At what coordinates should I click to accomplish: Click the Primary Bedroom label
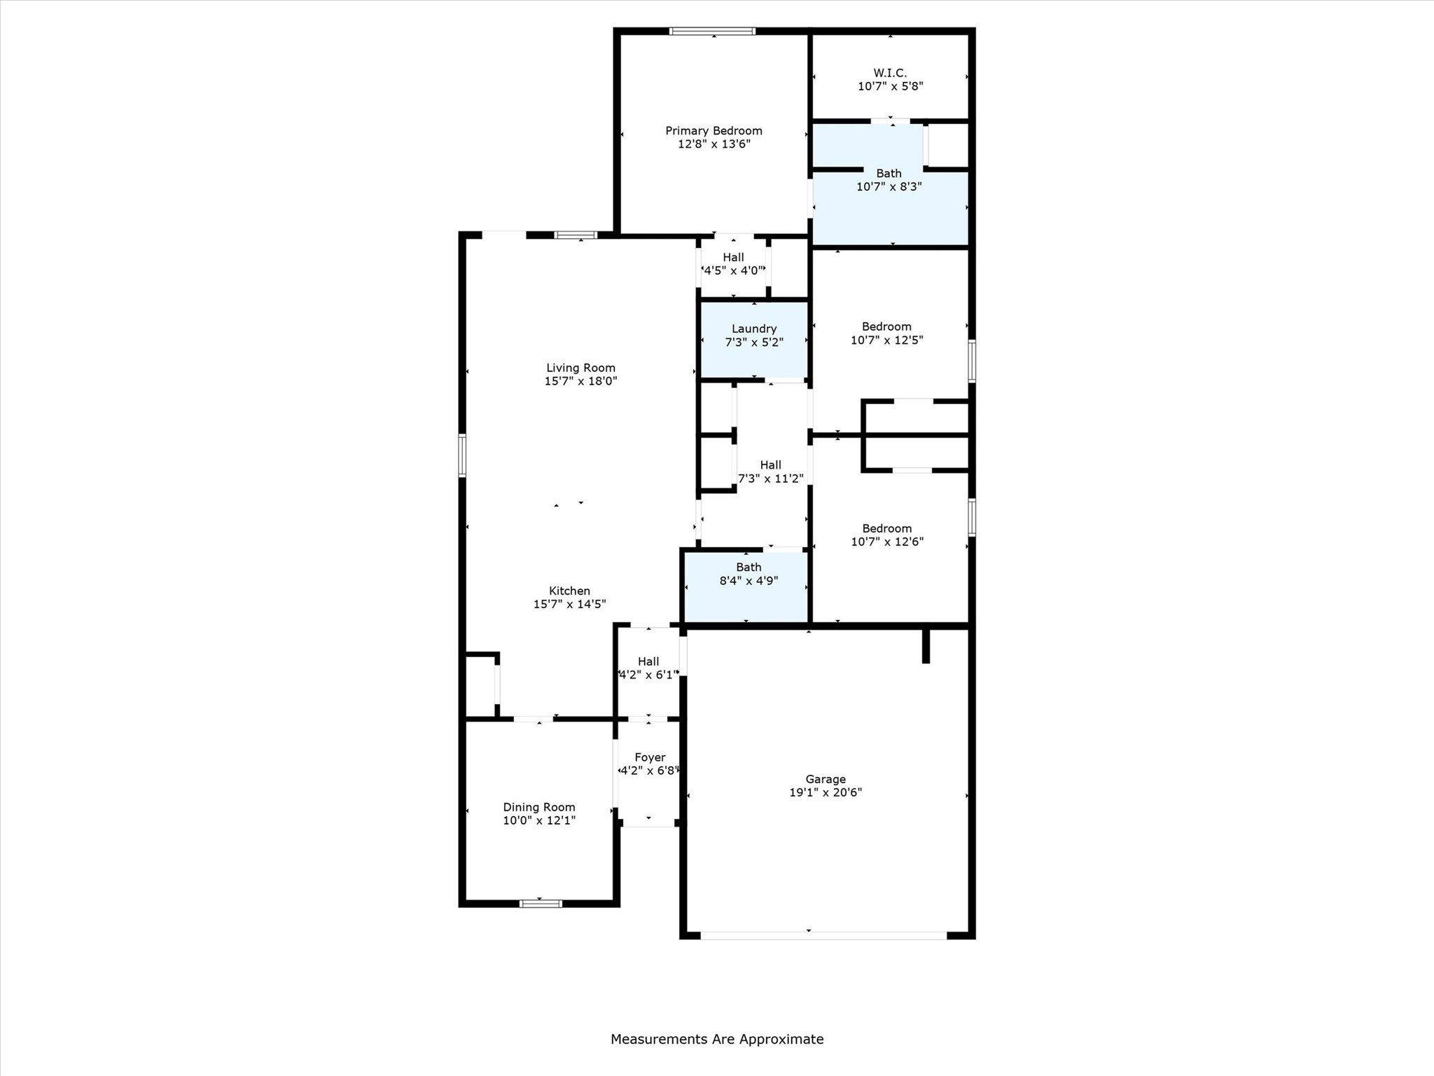(713, 131)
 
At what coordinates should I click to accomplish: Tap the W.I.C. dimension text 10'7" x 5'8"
(890, 87)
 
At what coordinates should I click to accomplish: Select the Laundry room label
(753, 329)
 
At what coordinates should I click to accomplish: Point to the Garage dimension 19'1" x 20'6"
(825, 792)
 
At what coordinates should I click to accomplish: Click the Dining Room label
(538, 807)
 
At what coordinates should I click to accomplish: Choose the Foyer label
(649, 757)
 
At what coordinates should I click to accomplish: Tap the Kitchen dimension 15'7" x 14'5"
(569, 604)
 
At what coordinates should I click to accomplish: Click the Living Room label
(580, 368)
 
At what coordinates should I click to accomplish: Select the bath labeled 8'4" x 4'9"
(748, 574)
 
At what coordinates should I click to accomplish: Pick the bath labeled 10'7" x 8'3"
(889, 180)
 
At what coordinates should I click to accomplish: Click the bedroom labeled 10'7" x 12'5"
(886, 333)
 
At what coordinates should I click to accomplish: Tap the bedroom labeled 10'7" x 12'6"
(887, 535)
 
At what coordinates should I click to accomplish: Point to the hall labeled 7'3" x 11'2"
(770, 471)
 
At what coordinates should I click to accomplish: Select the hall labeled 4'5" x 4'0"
(733, 264)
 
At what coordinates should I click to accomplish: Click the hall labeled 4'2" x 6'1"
(648, 668)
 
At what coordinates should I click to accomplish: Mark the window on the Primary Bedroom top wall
(712, 31)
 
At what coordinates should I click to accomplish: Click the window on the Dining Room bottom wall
(540, 904)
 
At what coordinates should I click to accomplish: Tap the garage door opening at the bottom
(823, 935)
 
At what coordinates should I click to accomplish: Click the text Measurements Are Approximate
(716, 1039)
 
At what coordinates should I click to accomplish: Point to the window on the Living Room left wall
(462, 455)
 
